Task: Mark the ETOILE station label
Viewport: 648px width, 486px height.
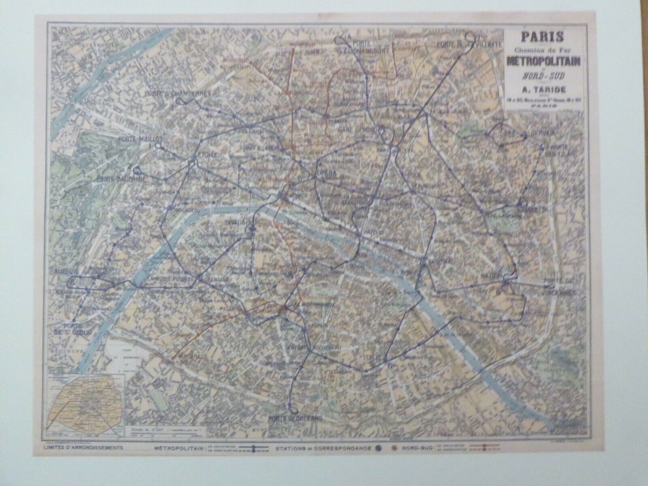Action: click(208, 155)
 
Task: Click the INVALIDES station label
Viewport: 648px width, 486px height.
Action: click(239, 223)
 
